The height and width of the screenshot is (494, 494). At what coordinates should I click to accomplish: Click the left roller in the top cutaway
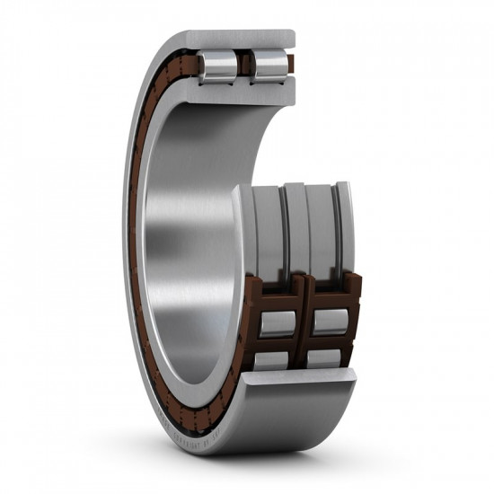[218, 66]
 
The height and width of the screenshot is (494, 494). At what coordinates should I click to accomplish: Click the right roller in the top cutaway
[269, 66]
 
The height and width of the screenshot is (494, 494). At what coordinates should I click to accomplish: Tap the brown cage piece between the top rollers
[244, 66]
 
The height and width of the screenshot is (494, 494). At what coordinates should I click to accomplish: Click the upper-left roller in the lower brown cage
[278, 322]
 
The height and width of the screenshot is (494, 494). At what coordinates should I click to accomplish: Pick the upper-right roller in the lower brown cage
[329, 321]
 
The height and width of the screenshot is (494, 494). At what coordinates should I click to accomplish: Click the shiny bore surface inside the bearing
[180, 225]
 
